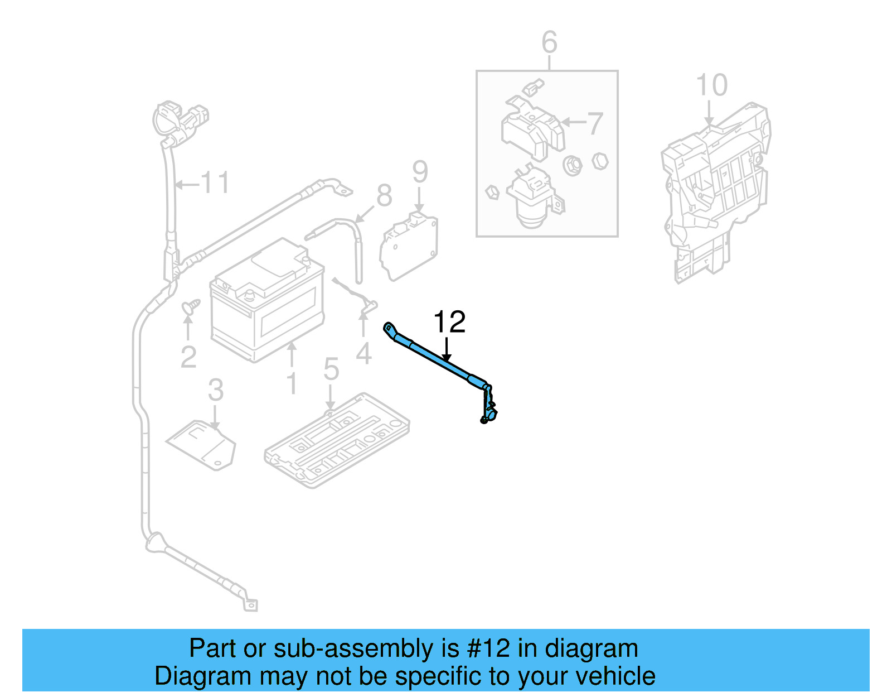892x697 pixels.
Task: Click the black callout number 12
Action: tap(449, 322)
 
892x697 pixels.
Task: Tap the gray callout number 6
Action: tap(549, 42)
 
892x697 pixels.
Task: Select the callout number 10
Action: tap(711, 85)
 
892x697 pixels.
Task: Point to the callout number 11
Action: tap(215, 182)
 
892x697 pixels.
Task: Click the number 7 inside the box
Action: tap(595, 123)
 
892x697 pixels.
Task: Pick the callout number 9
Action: tap(420, 172)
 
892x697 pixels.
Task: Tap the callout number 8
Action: tap(384, 196)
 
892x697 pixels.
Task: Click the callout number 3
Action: tap(216, 391)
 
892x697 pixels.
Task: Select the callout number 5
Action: tap(331, 369)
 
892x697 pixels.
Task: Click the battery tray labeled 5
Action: tap(337, 439)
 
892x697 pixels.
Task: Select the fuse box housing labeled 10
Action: tap(716, 190)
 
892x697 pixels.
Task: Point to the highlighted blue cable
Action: tap(435, 357)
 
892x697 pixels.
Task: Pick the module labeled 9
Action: tap(409, 247)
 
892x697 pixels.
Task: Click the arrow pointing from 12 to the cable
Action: tap(446, 349)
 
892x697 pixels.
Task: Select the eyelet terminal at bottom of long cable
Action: tap(251, 605)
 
